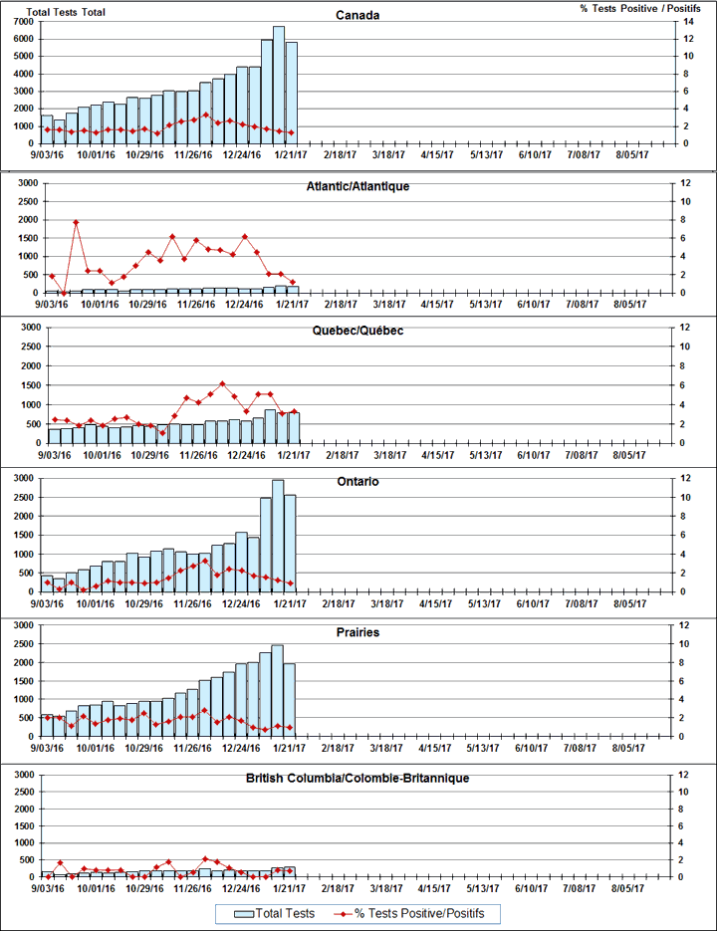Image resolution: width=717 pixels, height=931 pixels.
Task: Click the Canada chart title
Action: (x=357, y=15)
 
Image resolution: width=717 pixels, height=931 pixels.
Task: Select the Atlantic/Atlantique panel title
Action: (x=357, y=186)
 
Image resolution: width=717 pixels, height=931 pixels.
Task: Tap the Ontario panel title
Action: (x=357, y=482)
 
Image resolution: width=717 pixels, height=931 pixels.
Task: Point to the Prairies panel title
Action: (x=357, y=632)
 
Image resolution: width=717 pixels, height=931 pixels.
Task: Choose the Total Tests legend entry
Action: (x=275, y=913)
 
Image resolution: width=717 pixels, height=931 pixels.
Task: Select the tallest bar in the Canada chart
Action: (x=280, y=85)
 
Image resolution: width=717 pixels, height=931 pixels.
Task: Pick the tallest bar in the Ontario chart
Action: (x=278, y=536)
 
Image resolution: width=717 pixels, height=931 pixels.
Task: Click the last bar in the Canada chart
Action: (x=292, y=93)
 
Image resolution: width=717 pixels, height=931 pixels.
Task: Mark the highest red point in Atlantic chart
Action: (x=76, y=222)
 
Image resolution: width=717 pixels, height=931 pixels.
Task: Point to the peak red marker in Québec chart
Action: (x=222, y=383)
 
